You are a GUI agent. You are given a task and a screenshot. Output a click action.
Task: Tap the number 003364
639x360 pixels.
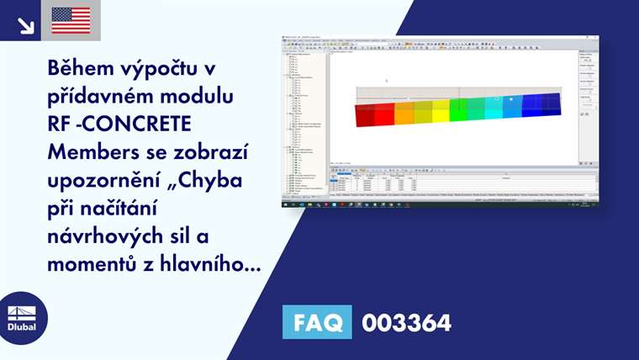click(x=406, y=322)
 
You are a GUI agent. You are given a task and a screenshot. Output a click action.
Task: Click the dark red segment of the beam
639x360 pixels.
click(x=364, y=114)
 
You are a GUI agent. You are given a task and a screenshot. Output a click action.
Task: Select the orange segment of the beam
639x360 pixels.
click(x=404, y=113)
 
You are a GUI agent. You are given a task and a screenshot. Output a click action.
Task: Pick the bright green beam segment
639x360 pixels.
click(x=458, y=109)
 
